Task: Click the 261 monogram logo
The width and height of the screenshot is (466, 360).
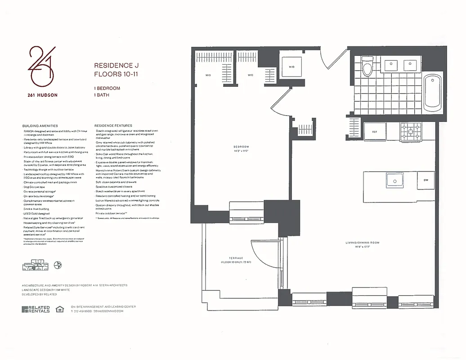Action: click(41, 66)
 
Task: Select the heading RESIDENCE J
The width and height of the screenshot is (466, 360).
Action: click(113, 66)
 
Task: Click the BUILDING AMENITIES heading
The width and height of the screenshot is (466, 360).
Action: click(40, 126)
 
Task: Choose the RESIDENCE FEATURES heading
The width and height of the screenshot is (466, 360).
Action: click(113, 126)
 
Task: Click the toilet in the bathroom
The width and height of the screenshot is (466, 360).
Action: click(367, 67)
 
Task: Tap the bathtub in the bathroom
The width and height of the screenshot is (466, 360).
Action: click(432, 92)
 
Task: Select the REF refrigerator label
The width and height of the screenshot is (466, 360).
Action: click(374, 132)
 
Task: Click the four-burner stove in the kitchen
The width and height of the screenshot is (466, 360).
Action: click(411, 132)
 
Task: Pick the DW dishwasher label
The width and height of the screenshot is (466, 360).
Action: click(426, 180)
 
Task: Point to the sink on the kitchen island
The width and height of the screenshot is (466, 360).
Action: click(394, 180)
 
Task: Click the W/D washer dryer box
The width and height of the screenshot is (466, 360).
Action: click(291, 67)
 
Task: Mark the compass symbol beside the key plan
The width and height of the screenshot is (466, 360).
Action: click(57, 265)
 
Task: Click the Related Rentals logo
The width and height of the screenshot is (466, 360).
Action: click(36, 309)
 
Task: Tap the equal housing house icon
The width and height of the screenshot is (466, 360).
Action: click(59, 309)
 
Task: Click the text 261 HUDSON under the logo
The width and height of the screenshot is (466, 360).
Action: click(41, 95)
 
